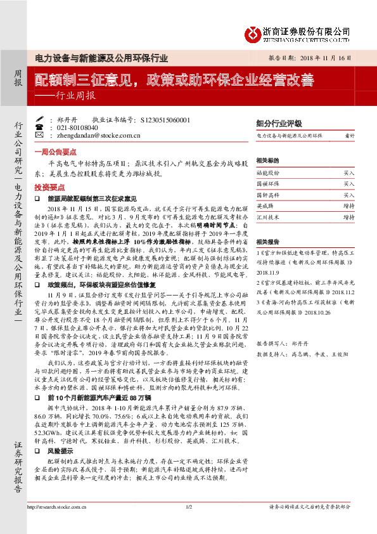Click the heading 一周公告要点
click(55, 152)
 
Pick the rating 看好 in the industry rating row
click(349, 136)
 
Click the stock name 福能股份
click(267, 172)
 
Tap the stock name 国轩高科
click(267, 194)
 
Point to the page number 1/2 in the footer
click(188, 524)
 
